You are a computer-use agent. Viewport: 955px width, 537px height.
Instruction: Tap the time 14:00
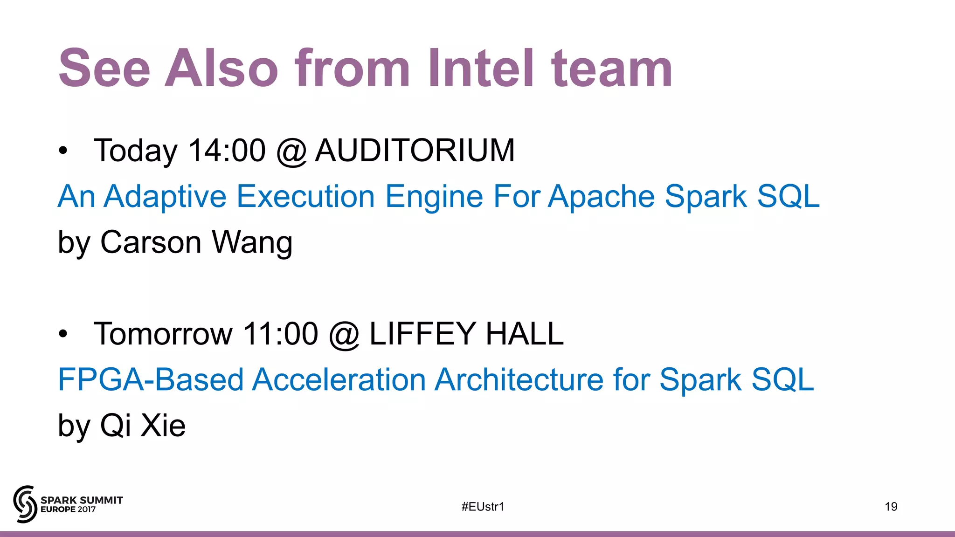(x=227, y=151)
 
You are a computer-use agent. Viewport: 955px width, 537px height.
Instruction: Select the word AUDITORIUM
(x=415, y=151)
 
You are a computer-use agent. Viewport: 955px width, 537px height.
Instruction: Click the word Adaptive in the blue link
(x=165, y=197)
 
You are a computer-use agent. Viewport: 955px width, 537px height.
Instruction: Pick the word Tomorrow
(x=163, y=334)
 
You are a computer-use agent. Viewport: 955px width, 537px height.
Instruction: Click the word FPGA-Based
(x=150, y=379)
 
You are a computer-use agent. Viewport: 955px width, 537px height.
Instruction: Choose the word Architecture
(x=519, y=379)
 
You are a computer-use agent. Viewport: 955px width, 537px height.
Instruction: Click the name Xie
(x=163, y=425)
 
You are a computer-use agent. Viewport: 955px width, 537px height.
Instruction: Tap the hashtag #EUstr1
(x=483, y=507)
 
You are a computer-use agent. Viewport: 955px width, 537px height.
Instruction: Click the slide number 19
(x=891, y=507)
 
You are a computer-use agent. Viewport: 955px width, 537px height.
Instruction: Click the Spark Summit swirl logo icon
(x=25, y=504)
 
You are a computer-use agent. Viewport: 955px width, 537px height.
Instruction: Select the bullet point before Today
(x=63, y=151)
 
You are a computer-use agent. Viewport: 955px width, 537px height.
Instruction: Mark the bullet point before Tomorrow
(x=63, y=334)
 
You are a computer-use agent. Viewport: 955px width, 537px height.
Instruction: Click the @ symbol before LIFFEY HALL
(x=344, y=335)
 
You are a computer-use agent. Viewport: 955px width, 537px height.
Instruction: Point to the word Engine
(x=434, y=197)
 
